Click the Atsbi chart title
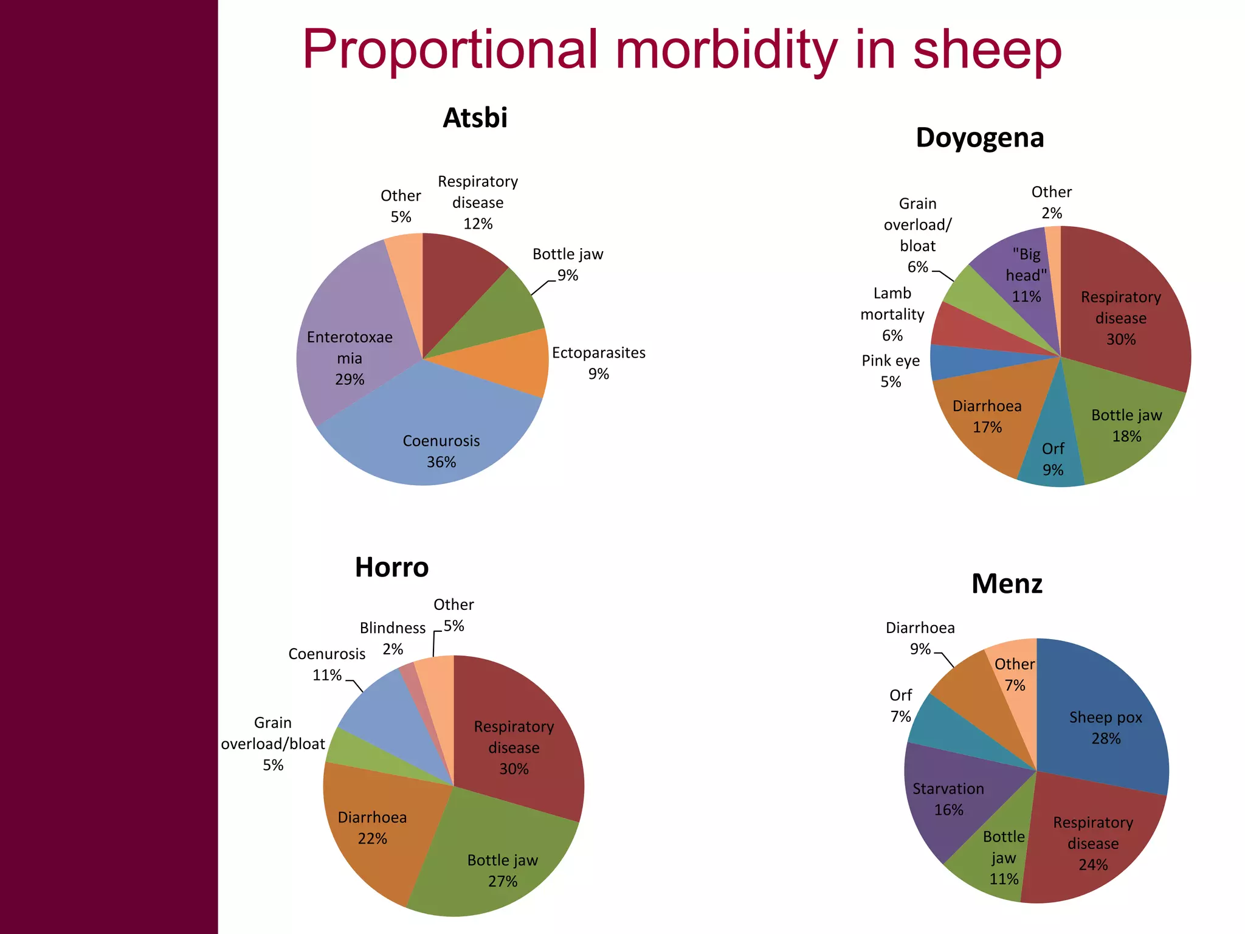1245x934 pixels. click(x=475, y=118)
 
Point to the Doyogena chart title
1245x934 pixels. click(x=979, y=138)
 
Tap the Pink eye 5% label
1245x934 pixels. click(x=891, y=371)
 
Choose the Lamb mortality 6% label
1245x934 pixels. click(x=892, y=314)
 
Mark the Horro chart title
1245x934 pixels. click(x=391, y=567)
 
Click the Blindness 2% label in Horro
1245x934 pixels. click(x=393, y=638)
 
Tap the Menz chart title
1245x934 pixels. click(x=1007, y=584)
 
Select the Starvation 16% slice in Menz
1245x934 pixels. click(x=948, y=800)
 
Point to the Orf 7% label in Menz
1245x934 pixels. click(x=900, y=705)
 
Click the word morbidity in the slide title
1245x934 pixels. click(x=726, y=50)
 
